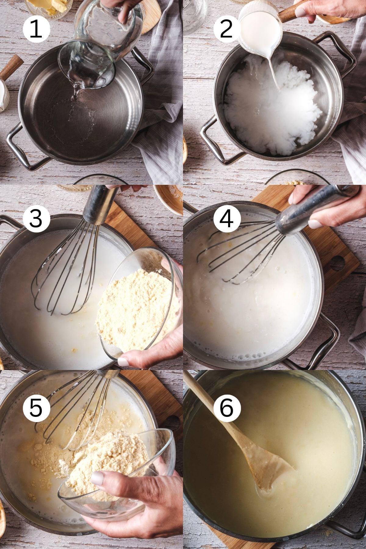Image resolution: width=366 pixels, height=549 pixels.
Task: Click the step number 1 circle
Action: [36, 30]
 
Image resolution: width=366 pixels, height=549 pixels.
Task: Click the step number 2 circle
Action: [226, 30]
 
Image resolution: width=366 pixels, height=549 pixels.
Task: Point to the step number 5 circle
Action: [36, 408]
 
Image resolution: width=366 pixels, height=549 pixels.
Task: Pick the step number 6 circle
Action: [226, 408]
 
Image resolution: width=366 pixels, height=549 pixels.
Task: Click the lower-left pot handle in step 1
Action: [21, 152]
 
